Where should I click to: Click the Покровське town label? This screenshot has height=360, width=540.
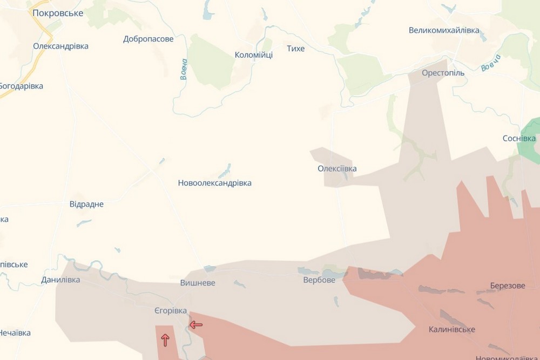click(x=58, y=13)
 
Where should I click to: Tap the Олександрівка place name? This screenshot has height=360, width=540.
click(x=60, y=46)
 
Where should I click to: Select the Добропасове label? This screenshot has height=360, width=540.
click(x=148, y=39)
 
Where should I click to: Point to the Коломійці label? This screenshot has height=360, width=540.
click(x=254, y=55)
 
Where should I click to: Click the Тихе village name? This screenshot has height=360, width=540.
click(x=296, y=49)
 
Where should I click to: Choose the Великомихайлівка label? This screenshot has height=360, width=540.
click(x=444, y=31)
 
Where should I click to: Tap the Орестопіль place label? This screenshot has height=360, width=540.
click(x=443, y=72)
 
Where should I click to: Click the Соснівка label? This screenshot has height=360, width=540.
click(x=518, y=138)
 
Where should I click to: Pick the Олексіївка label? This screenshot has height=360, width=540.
click(x=337, y=168)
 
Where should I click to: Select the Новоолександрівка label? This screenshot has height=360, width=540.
click(x=214, y=183)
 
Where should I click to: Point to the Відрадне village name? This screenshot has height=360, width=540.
click(x=86, y=204)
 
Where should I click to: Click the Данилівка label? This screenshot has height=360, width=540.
click(x=60, y=280)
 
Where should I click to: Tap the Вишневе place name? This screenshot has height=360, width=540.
click(x=198, y=283)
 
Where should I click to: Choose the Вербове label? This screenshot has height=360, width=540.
click(x=319, y=280)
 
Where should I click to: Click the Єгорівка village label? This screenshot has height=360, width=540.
click(x=171, y=310)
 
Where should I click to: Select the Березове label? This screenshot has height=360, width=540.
click(x=507, y=286)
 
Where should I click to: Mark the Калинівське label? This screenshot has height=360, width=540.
click(x=452, y=329)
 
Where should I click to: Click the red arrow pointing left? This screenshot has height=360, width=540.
click(x=196, y=324)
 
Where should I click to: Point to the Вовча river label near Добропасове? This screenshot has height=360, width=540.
click(x=184, y=69)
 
